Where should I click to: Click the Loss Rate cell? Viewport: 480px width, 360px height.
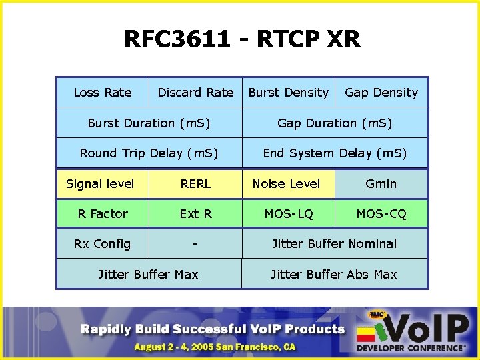tap(103, 93)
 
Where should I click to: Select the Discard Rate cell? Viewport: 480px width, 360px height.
tap(195, 93)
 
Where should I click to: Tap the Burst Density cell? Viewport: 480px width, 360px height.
tap(288, 93)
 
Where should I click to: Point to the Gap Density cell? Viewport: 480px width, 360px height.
tap(381, 93)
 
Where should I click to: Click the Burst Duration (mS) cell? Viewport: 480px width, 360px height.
tap(149, 123)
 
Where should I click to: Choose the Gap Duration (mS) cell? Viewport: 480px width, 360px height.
tap(335, 123)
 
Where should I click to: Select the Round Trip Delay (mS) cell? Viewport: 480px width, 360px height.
tap(149, 153)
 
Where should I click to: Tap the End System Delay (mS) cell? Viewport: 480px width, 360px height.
tap(335, 153)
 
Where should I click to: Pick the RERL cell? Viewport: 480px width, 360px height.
tap(195, 183)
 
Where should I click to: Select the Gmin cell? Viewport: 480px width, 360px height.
tap(381, 183)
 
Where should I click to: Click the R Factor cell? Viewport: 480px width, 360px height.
tap(103, 214)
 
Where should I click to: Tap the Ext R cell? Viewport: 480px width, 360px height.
tap(195, 214)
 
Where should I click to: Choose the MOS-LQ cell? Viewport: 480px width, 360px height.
tap(288, 214)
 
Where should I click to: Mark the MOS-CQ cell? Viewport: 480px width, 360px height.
tap(381, 214)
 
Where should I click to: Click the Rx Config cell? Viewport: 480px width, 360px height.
tap(103, 244)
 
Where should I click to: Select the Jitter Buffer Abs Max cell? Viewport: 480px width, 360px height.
tap(335, 274)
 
